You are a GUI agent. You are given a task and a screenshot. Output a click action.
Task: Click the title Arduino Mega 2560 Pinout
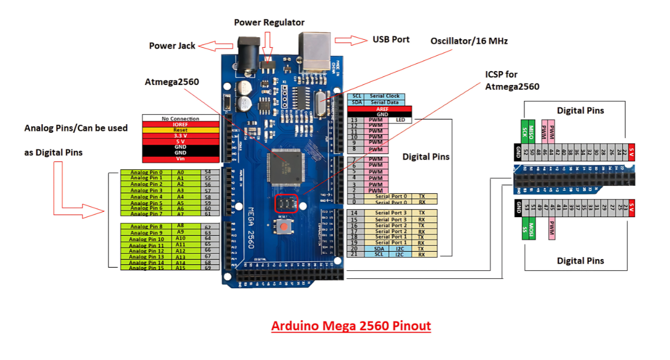pos(351,325)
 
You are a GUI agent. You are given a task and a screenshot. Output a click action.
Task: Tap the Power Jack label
pos(172,46)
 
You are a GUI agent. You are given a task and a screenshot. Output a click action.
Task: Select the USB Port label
pos(391,39)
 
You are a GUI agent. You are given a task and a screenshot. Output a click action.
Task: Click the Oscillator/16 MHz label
pos(469,41)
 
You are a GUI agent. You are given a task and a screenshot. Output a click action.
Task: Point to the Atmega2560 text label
pos(171,82)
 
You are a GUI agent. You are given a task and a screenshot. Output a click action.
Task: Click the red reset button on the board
pos(286,227)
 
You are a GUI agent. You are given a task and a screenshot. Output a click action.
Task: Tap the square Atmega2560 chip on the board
pos(287,167)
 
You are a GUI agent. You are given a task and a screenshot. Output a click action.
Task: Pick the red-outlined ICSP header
pos(287,204)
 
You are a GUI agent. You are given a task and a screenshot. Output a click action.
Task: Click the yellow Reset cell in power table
pos(181,130)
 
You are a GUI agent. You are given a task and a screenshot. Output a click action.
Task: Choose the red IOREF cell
pos(181,124)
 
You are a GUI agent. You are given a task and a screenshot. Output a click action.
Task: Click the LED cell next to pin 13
pos(400,120)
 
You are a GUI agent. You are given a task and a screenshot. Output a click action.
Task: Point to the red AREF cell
pos(382,109)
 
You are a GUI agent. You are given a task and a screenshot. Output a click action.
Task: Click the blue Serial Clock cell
pos(384,96)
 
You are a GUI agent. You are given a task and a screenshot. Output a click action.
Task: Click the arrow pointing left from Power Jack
pos(216,46)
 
